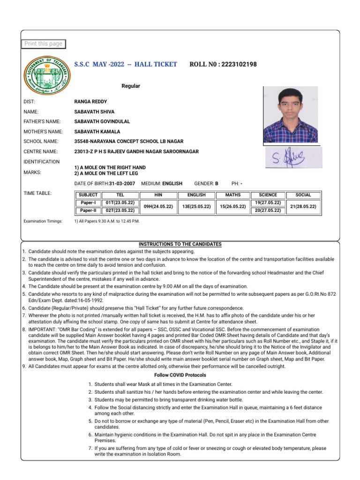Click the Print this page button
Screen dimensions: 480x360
[x=43, y=44]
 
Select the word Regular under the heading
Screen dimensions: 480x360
[x=131, y=86]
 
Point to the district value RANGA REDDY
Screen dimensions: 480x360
[x=90, y=102]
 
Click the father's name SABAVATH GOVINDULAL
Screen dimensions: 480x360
[x=102, y=121]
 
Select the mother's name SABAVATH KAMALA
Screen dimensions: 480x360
[x=97, y=132]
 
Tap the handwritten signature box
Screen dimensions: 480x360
[x=293, y=158]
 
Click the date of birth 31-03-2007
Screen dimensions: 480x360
[x=122, y=184]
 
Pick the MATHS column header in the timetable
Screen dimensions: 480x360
[x=233, y=195]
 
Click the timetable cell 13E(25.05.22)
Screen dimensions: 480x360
[x=196, y=207]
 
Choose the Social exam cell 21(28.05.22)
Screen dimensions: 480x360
[x=303, y=207]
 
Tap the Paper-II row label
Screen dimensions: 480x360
[x=88, y=211]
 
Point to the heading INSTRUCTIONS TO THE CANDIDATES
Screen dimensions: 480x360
[x=180, y=245]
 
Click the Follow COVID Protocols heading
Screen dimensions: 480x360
[x=180, y=375]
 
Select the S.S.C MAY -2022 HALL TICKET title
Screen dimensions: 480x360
[x=126, y=64]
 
